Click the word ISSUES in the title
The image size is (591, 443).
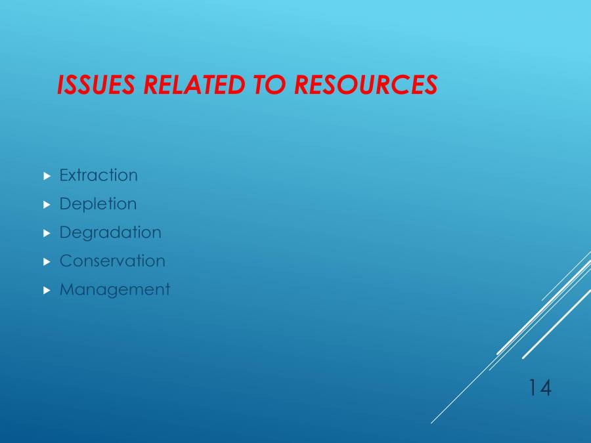point(97,85)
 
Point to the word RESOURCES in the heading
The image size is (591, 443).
point(365,85)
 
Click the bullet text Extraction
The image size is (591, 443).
point(98,175)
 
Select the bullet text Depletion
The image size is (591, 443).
point(98,204)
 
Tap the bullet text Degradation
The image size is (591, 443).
point(110,232)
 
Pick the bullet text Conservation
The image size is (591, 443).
point(112,261)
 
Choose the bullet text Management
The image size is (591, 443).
point(114,289)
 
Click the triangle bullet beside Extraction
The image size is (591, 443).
point(47,176)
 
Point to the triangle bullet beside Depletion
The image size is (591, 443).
point(47,205)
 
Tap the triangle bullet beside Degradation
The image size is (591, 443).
point(47,233)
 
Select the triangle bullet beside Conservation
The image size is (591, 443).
point(47,261)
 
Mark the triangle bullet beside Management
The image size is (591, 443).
point(47,290)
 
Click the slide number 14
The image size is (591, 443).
point(539,388)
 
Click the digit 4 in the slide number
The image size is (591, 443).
point(545,388)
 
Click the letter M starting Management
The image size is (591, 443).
point(66,289)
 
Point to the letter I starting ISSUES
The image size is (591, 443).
point(61,85)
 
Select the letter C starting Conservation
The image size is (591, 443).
point(66,261)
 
